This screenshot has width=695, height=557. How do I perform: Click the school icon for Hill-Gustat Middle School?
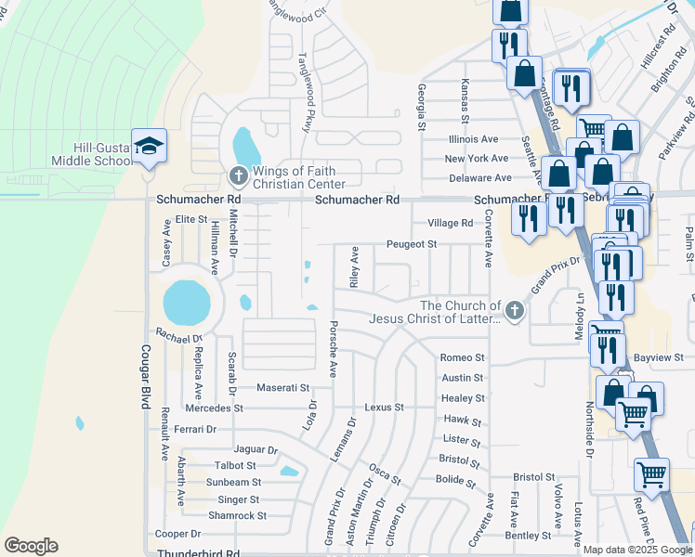point(149,146)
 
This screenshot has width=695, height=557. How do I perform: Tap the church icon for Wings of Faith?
point(238,175)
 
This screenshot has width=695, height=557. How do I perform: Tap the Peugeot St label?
point(412,244)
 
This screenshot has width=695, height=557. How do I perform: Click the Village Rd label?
point(451,223)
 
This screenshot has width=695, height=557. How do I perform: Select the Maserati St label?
point(282,387)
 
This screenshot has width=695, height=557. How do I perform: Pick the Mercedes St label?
point(214,408)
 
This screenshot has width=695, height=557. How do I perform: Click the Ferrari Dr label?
point(194,430)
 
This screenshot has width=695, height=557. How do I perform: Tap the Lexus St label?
point(385,408)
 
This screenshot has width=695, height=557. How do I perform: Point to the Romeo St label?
point(463,357)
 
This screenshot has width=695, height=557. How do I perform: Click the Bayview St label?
point(662,357)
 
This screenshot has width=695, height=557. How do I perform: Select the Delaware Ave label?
point(479,177)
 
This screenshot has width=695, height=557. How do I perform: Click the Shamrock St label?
point(237,515)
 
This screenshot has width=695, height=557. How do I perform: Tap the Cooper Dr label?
point(178,534)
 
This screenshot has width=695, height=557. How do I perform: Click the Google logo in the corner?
point(32,545)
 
